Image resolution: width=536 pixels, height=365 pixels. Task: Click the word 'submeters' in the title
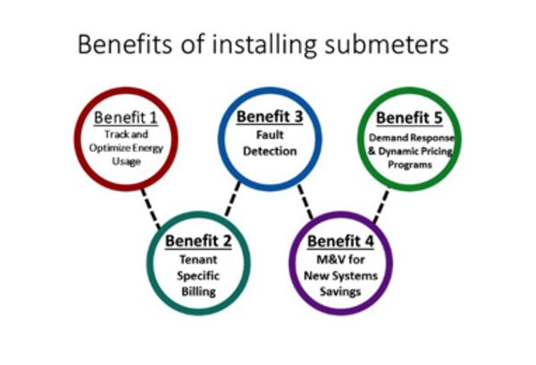(386, 45)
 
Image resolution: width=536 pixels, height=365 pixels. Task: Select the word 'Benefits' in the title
(125, 45)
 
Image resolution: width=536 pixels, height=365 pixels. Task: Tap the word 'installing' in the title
(264, 46)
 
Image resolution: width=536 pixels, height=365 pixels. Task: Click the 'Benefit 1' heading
(126, 118)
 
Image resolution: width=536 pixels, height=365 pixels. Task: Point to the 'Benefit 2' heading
(198, 241)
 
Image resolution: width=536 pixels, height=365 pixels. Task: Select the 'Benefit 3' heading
(270, 116)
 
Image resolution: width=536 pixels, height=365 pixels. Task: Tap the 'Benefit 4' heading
(340, 241)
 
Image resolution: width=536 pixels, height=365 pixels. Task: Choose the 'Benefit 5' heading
(409, 118)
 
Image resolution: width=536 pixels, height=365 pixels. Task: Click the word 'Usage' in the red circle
(126, 162)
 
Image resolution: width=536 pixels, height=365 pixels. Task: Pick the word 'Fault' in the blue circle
(270, 135)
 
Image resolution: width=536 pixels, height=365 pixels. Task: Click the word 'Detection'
(270, 151)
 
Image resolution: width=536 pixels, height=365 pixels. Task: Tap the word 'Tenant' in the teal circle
(198, 260)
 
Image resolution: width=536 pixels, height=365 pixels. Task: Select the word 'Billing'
(198, 292)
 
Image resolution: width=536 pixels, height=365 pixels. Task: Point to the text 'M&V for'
(340, 260)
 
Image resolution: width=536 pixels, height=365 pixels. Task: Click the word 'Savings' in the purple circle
(340, 292)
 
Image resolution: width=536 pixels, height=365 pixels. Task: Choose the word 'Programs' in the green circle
(409, 164)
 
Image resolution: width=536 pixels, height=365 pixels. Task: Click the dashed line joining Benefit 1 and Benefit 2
(151, 208)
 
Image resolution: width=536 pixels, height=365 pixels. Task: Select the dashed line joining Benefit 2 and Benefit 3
(232, 199)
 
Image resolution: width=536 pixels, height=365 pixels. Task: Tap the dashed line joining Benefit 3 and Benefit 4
(306, 202)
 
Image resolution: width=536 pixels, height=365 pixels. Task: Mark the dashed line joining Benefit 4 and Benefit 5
(381, 206)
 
